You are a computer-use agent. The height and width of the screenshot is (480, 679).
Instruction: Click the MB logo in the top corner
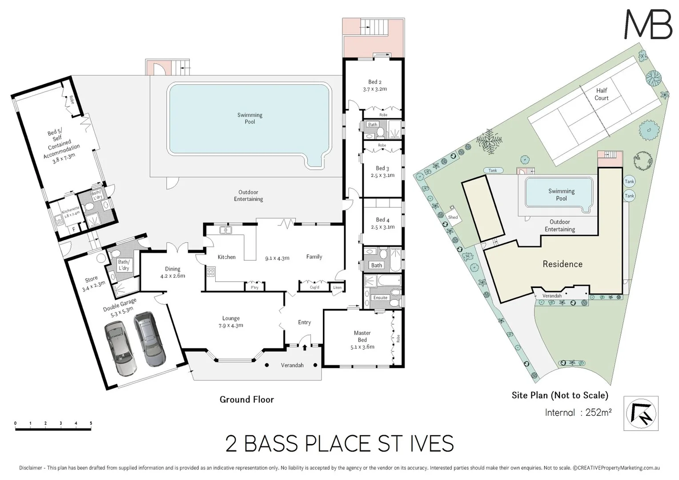point(648,24)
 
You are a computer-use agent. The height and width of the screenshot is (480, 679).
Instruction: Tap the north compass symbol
point(641,413)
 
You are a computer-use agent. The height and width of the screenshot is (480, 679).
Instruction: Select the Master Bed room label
point(362,340)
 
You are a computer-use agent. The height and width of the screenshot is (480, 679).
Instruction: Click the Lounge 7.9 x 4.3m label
point(231,322)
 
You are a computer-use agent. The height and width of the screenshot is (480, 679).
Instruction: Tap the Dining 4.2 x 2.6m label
point(173,272)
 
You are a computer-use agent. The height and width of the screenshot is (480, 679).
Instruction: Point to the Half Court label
point(601,94)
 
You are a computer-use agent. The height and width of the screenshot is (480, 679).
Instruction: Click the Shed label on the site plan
point(453,217)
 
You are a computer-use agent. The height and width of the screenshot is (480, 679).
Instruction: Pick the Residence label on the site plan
point(562,264)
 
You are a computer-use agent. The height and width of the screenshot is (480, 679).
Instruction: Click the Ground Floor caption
point(246,399)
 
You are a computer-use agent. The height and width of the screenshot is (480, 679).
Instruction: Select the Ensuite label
point(380,297)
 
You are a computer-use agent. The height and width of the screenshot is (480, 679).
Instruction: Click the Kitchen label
point(226,257)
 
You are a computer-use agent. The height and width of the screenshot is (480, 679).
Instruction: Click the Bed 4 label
point(382,223)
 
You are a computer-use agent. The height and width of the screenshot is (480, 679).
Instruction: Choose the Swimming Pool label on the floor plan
point(249,118)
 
